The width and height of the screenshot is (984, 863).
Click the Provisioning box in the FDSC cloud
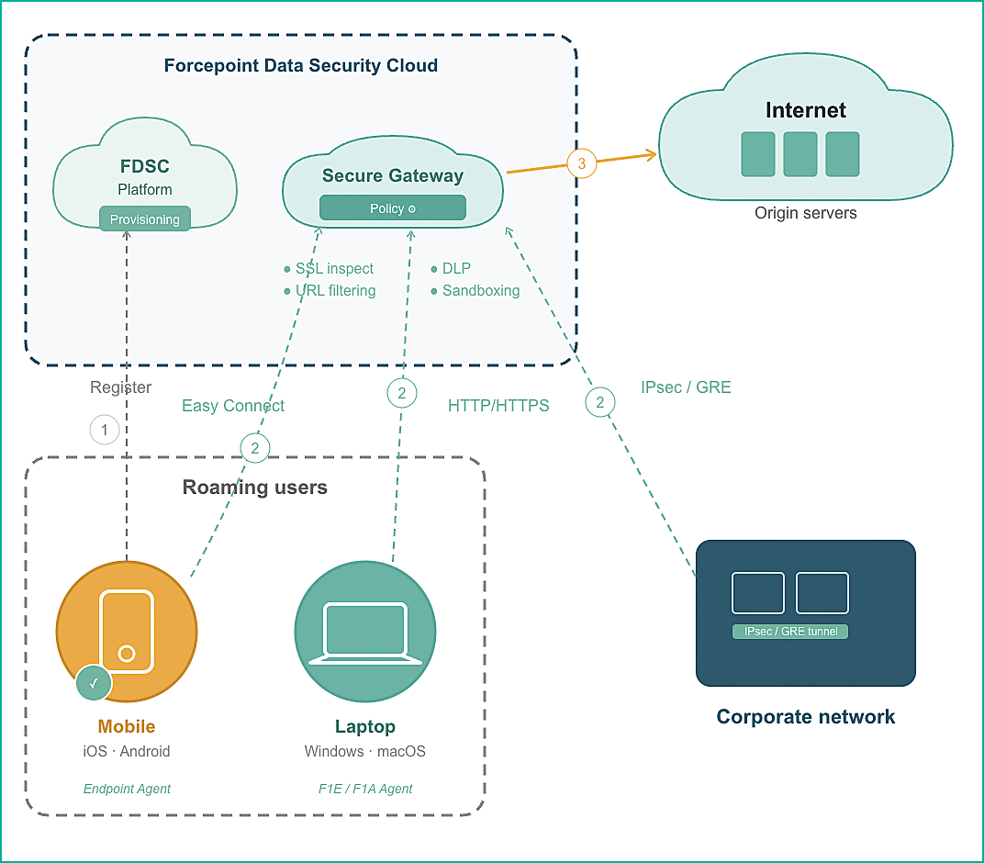[x=145, y=219]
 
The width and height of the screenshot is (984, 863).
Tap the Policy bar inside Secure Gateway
[x=393, y=208]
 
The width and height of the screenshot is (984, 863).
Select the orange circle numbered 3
[x=581, y=164]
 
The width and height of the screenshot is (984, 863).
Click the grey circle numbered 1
[x=105, y=430]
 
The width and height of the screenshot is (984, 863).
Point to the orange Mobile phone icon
[x=127, y=630]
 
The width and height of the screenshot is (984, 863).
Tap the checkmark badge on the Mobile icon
[x=94, y=683]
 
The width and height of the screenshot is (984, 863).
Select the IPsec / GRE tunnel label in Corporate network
[x=790, y=632]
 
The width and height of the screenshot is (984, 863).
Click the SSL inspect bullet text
[x=334, y=269]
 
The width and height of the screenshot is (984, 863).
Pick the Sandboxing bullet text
[x=481, y=291]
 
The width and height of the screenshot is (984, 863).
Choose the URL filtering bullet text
[x=335, y=291]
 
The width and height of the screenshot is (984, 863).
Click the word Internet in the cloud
[x=806, y=110]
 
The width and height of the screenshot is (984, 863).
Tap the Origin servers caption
[x=806, y=213]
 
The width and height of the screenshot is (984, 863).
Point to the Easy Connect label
[x=233, y=406]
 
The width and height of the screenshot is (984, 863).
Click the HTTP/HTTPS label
[x=498, y=406]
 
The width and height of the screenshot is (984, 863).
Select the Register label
[x=121, y=387]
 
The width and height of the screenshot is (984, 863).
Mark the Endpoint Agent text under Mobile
[x=127, y=789]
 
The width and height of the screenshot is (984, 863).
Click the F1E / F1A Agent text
[x=365, y=789]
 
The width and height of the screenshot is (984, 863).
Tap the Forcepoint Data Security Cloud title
[x=301, y=66]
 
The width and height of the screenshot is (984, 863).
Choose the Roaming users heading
[x=255, y=487]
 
